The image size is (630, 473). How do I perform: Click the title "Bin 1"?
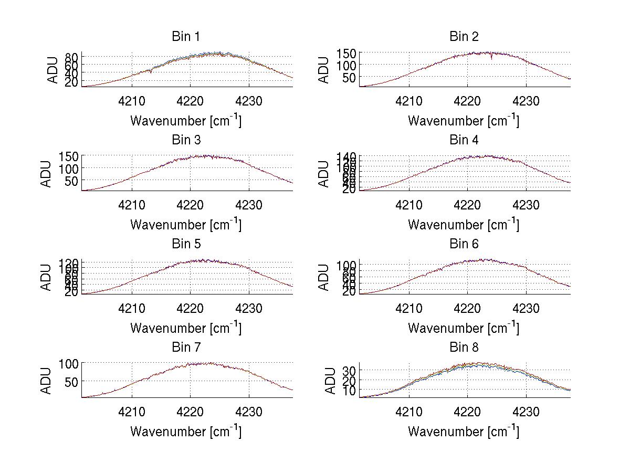point(185,36)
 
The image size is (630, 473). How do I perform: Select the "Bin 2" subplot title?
point(464,36)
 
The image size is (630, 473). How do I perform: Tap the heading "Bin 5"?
point(185,244)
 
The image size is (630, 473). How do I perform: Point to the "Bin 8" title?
point(464,347)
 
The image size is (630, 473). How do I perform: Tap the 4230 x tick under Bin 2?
point(526,101)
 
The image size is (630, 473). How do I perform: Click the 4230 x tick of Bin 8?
point(526,412)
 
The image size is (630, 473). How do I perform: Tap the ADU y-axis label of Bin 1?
point(53,70)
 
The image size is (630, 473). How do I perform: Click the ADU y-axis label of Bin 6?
point(324,277)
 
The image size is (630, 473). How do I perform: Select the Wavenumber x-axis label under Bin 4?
point(464,224)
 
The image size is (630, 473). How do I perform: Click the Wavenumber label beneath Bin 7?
point(186,432)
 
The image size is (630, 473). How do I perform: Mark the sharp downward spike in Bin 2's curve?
point(491,58)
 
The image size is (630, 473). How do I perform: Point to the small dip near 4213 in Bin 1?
point(151,71)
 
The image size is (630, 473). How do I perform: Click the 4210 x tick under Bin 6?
point(409,308)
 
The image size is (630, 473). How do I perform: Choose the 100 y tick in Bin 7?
point(68,363)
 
